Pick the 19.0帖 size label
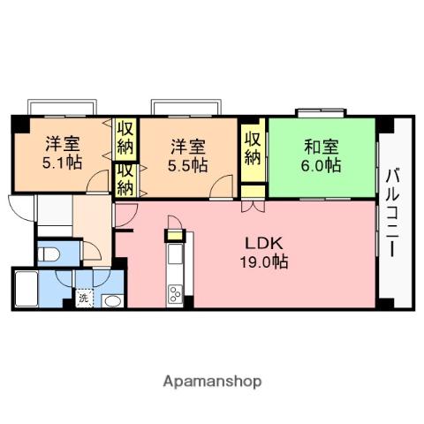265,261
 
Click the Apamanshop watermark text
212,382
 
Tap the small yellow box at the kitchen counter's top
174,235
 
